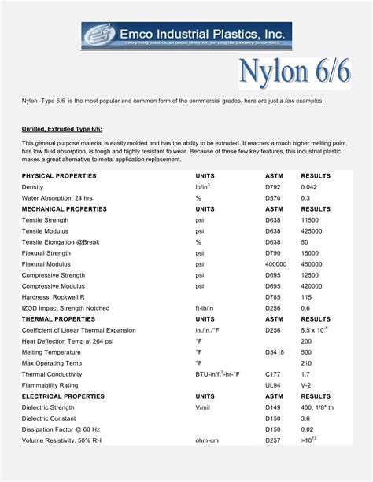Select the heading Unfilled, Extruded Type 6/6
point(61,128)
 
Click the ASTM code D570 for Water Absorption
point(273,198)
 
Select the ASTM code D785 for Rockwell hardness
point(273,297)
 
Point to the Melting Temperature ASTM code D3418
point(275,352)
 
